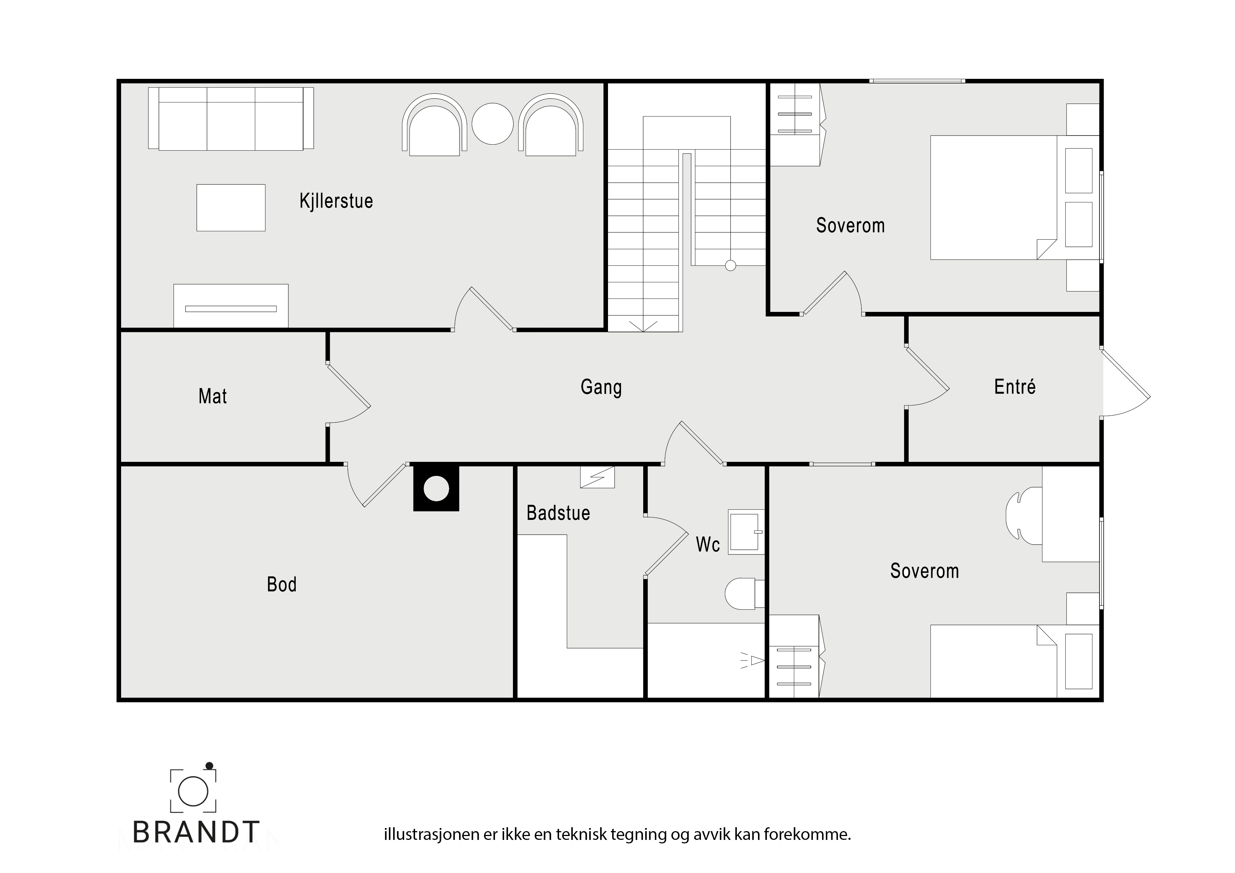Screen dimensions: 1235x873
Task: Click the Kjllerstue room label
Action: click(x=336, y=201)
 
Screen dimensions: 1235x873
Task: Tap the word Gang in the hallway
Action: click(x=601, y=387)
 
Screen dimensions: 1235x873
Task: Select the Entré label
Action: click(x=1015, y=386)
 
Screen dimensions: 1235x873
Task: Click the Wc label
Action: click(x=708, y=544)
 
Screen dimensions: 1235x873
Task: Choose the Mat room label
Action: click(x=213, y=396)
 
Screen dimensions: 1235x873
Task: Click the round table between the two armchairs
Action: click(x=493, y=124)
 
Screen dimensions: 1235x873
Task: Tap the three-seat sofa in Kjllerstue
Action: click(x=231, y=118)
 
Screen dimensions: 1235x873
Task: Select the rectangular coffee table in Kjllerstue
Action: click(x=231, y=208)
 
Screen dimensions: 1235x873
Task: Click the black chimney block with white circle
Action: click(x=436, y=488)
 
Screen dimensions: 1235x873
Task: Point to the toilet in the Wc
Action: click(x=745, y=594)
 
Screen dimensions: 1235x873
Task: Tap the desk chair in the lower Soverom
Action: click(x=1024, y=515)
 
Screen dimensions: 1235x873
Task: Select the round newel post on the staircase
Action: click(x=731, y=265)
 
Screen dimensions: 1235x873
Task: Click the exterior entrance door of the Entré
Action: click(x=1126, y=382)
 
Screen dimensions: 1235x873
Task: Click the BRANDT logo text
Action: click(x=196, y=832)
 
